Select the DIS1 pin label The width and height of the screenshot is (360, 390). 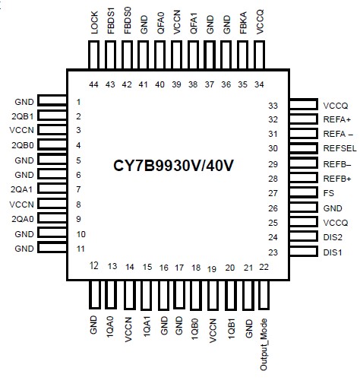coord(333,252)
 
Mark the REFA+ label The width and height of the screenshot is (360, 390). coord(336,119)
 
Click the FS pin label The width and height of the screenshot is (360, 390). coord(328,193)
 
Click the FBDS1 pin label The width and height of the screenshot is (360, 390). coord(112,19)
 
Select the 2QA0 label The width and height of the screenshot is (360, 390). coord(21,219)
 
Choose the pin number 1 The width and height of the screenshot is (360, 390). coord(78,101)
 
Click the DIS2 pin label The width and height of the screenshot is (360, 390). coord(333,237)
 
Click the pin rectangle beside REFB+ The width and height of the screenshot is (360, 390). coord(303,178)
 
